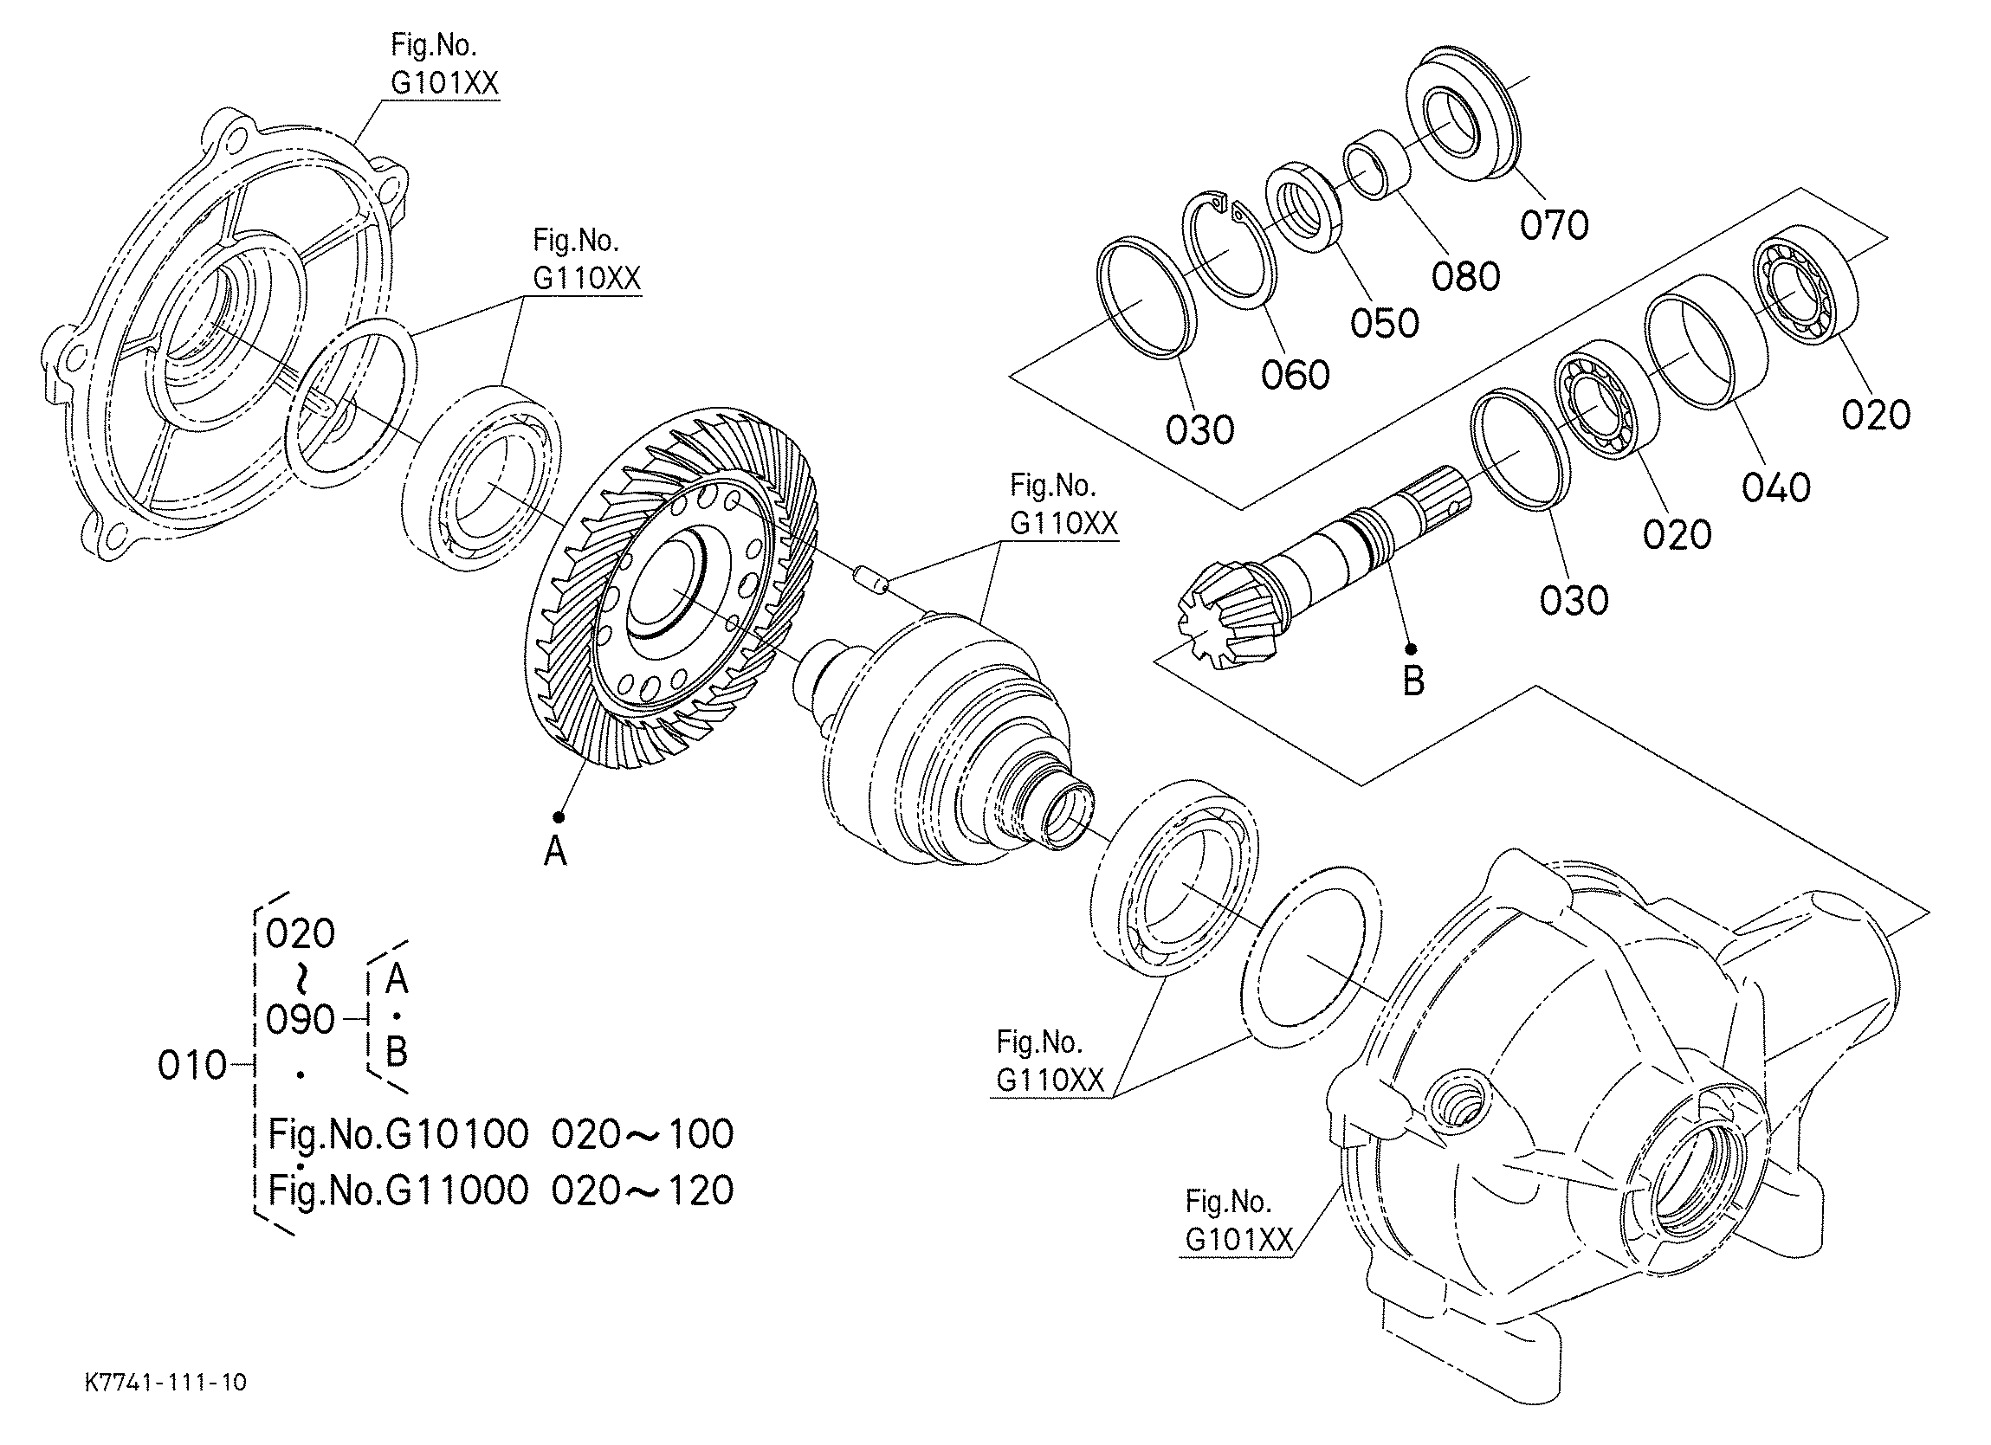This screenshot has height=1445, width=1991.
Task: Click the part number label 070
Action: pyautogui.click(x=1554, y=226)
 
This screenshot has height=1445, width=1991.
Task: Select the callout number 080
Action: pyautogui.click(x=1466, y=276)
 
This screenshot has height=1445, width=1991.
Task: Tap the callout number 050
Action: pyautogui.click(x=1385, y=323)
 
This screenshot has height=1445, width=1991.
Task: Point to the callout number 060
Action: pyautogui.click(x=1296, y=375)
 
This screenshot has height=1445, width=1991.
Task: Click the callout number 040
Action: pyautogui.click(x=1776, y=487)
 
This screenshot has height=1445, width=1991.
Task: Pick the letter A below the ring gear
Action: pyautogui.click(x=555, y=851)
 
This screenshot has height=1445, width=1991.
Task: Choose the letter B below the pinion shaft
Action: pyautogui.click(x=1413, y=681)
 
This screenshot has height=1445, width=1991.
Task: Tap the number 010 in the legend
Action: pyautogui.click(x=192, y=1066)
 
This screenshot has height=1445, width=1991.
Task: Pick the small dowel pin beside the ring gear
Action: pyautogui.click(x=870, y=577)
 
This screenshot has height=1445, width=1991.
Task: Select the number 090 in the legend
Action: pyautogui.click(x=301, y=1020)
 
